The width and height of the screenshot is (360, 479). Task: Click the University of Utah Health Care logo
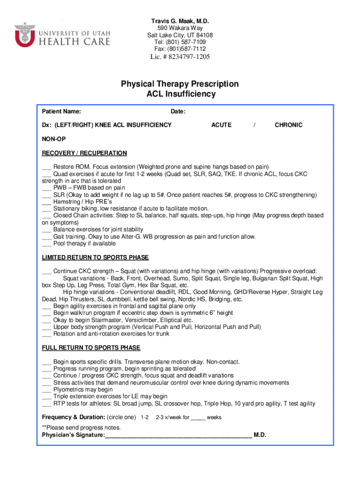[62, 35]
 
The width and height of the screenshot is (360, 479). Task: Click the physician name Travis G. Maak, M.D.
[180, 22]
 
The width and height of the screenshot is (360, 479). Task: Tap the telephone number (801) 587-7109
[180, 42]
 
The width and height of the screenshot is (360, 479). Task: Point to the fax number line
[180, 49]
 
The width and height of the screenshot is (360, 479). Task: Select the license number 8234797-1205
[180, 57]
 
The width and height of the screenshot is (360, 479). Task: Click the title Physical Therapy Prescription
[180, 84]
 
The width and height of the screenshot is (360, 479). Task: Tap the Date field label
[178, 112]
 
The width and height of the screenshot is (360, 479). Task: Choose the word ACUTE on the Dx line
[221, 125]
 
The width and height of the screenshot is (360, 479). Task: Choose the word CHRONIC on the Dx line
[288, 125]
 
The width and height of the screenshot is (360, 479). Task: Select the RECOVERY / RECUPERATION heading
[84, 153]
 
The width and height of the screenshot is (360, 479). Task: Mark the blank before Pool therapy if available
[46, 244]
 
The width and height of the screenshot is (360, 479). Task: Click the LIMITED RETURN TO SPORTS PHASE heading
[95, 258]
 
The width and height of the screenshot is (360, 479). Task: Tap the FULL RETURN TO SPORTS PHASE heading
[91, 348]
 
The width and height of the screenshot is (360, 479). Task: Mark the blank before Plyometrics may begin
[46, 390]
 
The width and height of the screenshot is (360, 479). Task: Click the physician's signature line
[178, 435]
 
